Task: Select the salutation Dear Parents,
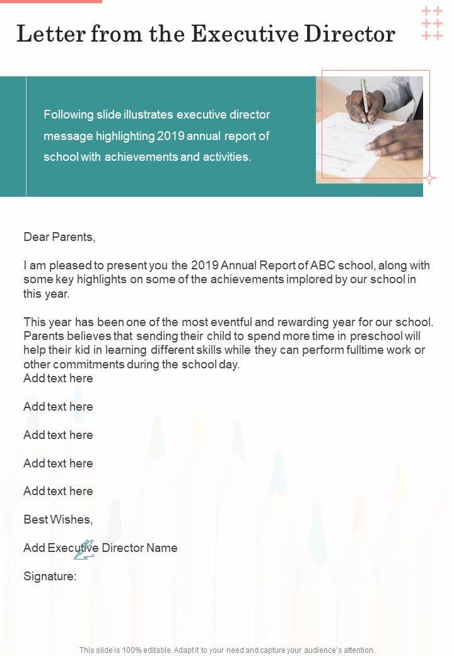[x=59, y=237]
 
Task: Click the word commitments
[x=73, y=365]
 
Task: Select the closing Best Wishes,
[x=58, y=520]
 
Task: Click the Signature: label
[x=50, y=576]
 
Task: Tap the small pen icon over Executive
[x=84, y=549]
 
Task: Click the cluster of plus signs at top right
[x=432, y=23]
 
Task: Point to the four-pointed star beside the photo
[x=429, y=179]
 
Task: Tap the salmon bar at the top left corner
[x=50, y=1]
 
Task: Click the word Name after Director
[x=162, y=548]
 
